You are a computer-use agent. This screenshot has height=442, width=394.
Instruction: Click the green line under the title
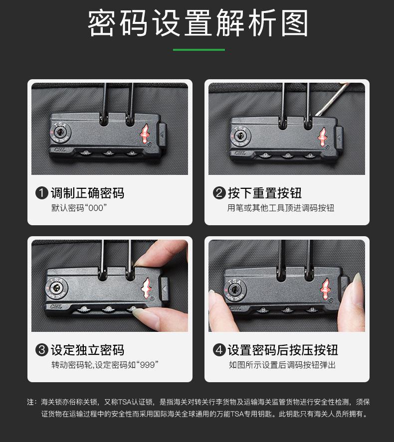(x=198, y=50)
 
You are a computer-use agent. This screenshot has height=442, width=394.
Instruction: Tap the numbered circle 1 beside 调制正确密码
(x=42, y=193)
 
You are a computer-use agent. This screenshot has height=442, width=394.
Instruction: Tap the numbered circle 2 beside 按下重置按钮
(x=219, y=193)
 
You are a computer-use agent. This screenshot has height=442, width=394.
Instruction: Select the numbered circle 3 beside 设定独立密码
(x=42, y=350)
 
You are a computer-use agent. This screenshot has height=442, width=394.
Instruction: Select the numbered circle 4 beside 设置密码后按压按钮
(x=219, y=350)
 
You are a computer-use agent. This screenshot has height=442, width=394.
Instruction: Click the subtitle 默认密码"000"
(x=79, y=208)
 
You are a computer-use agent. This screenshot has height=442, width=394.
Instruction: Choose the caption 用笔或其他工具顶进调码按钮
(x=281, y=208)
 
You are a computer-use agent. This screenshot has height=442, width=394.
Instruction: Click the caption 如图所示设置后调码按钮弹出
(x=282, y=365)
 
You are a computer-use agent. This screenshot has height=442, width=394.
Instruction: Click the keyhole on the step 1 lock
(x=61, y=133)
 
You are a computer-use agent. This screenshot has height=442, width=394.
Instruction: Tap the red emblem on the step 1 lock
(x=145, y=133)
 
